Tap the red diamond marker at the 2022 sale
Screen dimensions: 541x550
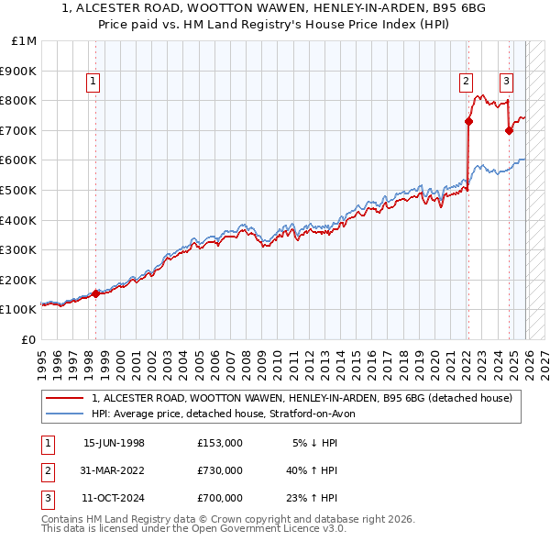[468, 121]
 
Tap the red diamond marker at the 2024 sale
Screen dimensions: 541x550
[509, 130]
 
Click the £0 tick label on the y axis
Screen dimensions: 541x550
[28, 339]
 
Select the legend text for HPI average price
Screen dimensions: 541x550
[229, 414]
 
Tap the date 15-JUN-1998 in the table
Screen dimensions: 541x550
[114, 443]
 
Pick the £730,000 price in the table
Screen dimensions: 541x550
[220, 470]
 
